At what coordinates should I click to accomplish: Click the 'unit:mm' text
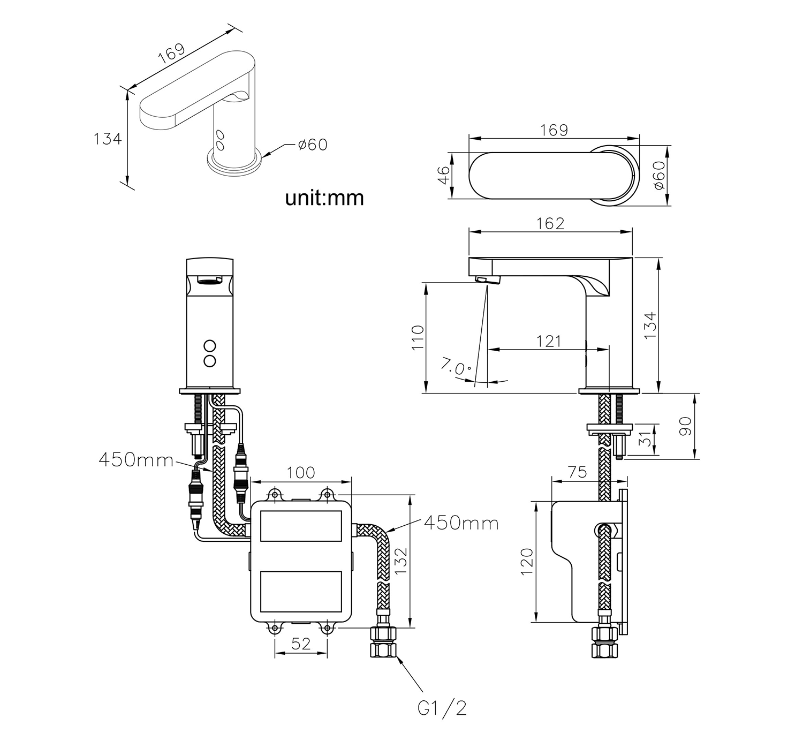[324, 198]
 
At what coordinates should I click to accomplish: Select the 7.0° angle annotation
[456, 366]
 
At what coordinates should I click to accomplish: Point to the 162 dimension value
[550, 224]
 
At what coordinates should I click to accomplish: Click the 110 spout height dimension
[418, 337]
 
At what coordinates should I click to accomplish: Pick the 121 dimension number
[548, 342]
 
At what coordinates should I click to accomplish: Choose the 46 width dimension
[444, 175]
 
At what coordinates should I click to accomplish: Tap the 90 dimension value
[685, 426]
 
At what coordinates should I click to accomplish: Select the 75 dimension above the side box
[577, 472]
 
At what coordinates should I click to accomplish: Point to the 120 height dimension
[527, 562]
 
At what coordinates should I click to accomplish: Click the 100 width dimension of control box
[301, 472]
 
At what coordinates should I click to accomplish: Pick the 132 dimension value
[400, 561]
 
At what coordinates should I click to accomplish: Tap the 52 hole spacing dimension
[301, 644]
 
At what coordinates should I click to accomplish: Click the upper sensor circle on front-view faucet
[210, 346]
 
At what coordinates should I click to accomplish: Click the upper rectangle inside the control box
[301, 526]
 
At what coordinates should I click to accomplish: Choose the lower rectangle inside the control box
[301, 591]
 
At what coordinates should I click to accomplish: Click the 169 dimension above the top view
[554, 130]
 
